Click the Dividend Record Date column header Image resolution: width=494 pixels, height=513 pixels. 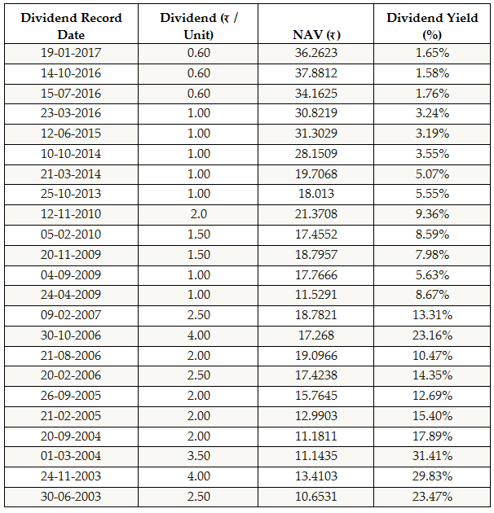coord(71,26)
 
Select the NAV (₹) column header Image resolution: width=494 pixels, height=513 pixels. coord(316,34)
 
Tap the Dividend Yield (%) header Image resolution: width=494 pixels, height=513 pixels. coord(432,26)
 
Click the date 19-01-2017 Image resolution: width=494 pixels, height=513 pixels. coord(71,54)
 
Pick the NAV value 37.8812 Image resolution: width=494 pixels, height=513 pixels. coord(316,74)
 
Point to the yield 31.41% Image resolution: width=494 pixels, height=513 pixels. coord(432,457)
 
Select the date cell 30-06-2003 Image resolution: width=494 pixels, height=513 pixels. coord(71,497)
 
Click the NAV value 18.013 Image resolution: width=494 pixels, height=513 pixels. coord(316,195)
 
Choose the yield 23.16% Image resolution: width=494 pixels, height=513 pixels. coord(432,335)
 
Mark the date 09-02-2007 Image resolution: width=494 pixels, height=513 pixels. coord(71,315)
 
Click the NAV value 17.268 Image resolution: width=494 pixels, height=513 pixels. coord(316,335)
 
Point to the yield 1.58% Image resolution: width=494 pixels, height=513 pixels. coord(432,74)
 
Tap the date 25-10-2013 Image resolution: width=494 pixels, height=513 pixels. coord(71,195)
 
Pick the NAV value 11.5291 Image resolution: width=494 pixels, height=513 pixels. coord(316,295)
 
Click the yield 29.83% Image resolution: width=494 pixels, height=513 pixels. coord(432,476)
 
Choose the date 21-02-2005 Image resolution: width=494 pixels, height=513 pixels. coord(71,416)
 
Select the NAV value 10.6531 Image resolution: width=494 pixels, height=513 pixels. coord(316,497)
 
